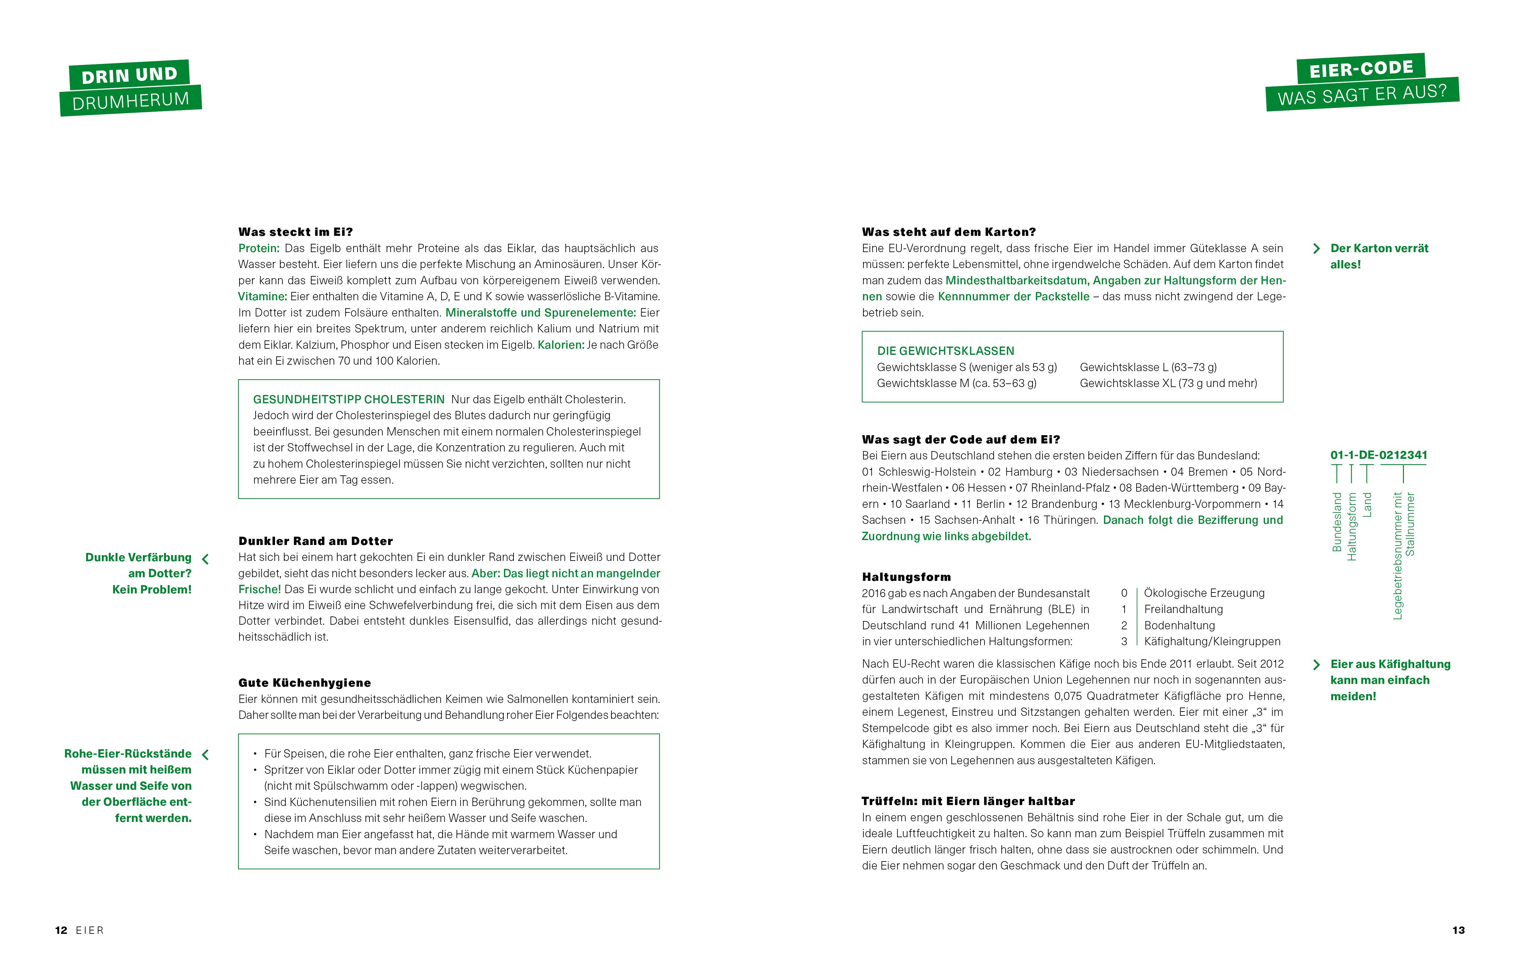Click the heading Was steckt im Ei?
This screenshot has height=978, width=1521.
pyautogui.click(x=295, y=232)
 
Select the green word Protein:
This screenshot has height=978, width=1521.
pyautogui.click(x=258, y=248)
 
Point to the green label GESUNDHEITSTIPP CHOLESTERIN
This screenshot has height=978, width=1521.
pyautogui.click(x=349, y=400)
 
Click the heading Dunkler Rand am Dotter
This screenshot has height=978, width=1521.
pyautogui.click(x=315, y=541)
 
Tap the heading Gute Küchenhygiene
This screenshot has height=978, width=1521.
pyautogui.click(x=304, y=683)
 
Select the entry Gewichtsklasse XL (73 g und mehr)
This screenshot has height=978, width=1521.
pyautogui.click(x=1168, y=383)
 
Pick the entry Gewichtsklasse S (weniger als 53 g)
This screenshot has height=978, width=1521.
pyautogui.click(x=966, y=367)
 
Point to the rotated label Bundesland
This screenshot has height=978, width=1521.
pyautogui.click(x=1337, y=522)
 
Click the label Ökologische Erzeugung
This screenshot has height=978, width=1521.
pyautogui.click(x=1204, y=593)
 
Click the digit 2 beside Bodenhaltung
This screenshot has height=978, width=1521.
pyautogui.click(x=1124, y=626)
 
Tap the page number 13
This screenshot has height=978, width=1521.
pyautogui.click(x=1458, y=930)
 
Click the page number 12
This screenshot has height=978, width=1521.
pyautogui.click(x=61, y=930)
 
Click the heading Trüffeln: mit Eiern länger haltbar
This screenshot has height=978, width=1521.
pyautogui.click(x=967, y=801)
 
